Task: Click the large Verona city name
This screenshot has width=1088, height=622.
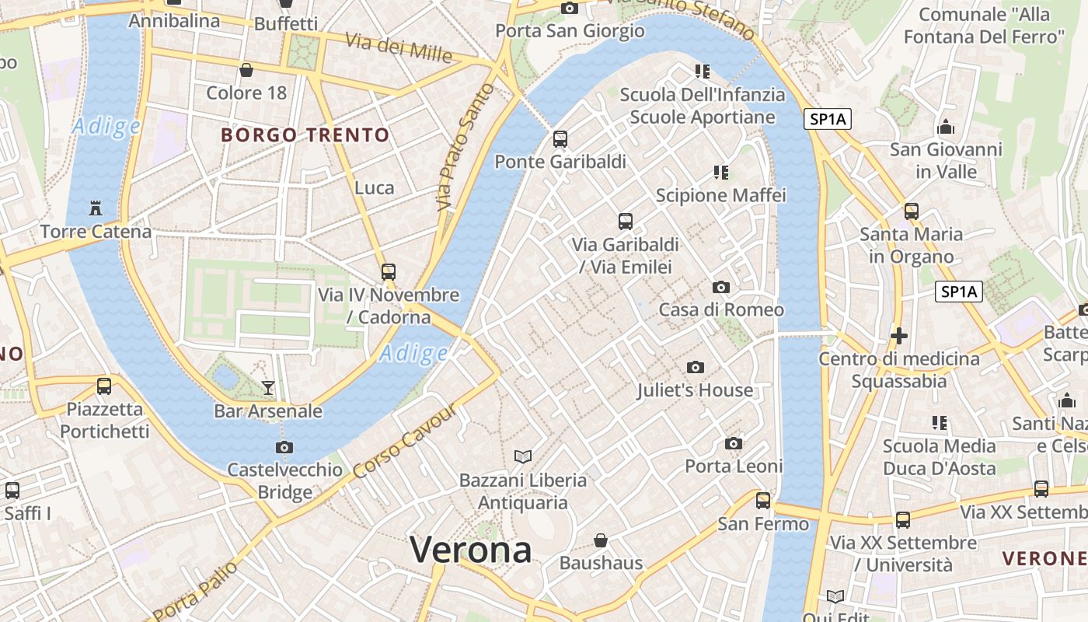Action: pos(471,550)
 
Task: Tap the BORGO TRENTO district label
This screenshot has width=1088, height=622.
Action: pos(305,135)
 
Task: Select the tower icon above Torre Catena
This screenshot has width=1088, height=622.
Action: pos(96,208)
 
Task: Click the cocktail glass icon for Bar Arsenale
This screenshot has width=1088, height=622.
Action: pos(268,387)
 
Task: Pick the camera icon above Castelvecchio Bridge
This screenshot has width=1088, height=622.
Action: pos(284,447)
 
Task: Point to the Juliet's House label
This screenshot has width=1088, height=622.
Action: pos(695,390)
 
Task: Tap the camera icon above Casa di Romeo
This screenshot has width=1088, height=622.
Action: pos(720,287)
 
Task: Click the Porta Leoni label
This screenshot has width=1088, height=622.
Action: pos(734,466)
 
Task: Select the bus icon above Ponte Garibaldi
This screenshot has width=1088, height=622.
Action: pos(560,139)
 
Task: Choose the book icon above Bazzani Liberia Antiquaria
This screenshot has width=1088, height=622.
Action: pos(523,456)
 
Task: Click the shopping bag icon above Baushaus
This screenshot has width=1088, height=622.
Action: pos(601,540)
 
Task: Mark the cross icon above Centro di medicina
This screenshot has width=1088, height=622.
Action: pos(899,336)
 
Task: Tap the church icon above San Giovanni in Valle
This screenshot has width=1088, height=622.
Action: pos(946,126)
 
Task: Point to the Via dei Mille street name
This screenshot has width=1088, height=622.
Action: pos(398,48)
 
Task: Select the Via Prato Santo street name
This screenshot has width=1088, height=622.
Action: pos(465,148)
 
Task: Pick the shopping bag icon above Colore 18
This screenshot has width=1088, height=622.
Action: pos(246,71)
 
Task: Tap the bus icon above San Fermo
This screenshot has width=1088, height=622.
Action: pos(763,501)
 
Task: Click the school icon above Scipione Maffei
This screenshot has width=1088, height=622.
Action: pos(721,172)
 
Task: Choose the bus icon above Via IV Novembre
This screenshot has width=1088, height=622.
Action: pos(389,272)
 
